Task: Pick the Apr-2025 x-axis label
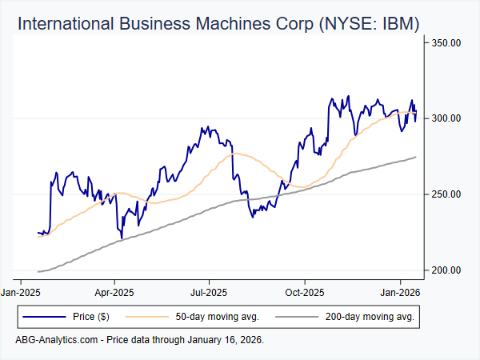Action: coord(114,294)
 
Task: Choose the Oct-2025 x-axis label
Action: coord(304,294)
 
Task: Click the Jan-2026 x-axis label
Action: coord(400,294)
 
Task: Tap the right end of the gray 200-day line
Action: coord(415,157)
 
